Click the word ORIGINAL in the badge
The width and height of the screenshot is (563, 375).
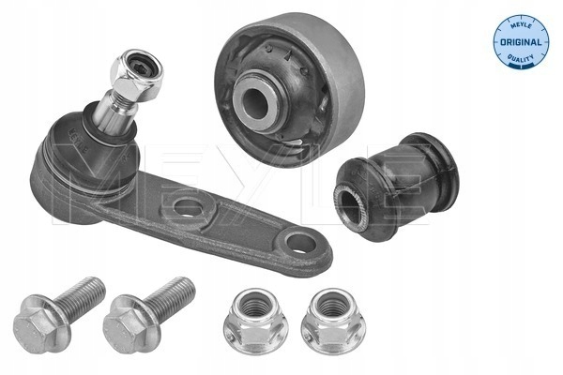coord(521,42)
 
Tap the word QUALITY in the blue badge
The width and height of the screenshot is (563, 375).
coord(520,58)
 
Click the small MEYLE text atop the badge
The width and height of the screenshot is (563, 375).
coord(522,26)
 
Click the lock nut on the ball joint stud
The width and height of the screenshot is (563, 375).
coord(136,75)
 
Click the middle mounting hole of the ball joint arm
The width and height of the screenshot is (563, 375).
coord(188,207)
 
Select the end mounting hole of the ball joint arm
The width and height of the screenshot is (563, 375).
coord(301,244)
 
